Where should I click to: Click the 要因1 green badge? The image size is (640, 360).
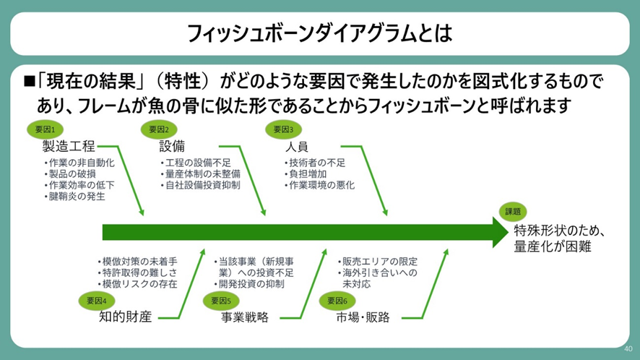pyautogui.click(x=45, y=129)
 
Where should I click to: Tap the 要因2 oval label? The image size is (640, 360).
pyautogui.click(x=159, y=129)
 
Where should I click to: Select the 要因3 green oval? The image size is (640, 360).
pyautogui.click(x=283, y=129)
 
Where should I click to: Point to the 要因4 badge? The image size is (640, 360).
pyautogui.click(x=97, y=301)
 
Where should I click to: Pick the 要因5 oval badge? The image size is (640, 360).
pyautogui.click(x=221, y=301)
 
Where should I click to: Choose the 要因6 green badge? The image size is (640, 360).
pyautogui.click(x=337, y=301)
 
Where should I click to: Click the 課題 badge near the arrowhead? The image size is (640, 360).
pyautogui.click(x=513, y=212)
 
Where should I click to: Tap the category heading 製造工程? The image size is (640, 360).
pyautogui.click(x=69, y=146)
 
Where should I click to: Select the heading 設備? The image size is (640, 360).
pyautogui.click(x=172, y=146)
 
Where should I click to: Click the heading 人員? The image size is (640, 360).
pyautogui.click(x=297, y=146)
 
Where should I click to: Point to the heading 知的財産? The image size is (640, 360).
pyautogui.click(x=125, y=317)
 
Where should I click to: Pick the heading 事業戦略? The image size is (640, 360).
pyautogui.click(x=245, y=317)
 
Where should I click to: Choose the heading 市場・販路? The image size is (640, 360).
pyautogui.click(x=363, y=317)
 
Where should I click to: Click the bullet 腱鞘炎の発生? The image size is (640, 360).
pyautogui.click(x=74, y=197)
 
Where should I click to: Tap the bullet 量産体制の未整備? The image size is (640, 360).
pyautogui.click(x=200, y=174)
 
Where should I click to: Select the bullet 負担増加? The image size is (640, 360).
pyautogui.click(x=306, y=174)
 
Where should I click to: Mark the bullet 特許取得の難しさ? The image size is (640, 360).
pyautogui.click(x=137, y=273)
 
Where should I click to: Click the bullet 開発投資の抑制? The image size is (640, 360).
pyautogui.click(x=249, y=284)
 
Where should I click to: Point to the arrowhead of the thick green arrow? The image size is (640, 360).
pyautogui.click(x=508, y=232)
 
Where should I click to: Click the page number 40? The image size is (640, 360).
pyautogui.click(x=628, y=348)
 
